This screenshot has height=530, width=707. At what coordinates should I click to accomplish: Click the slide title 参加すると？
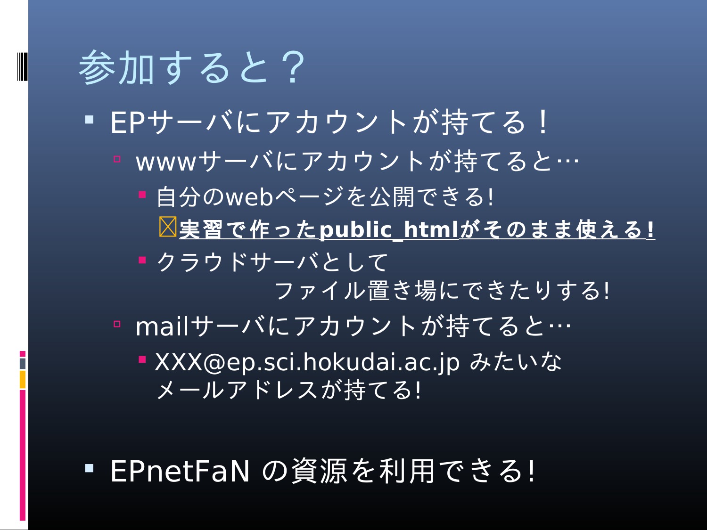click(x=192, y=67)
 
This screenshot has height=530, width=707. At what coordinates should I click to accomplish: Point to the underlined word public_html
click(x=389, y=229)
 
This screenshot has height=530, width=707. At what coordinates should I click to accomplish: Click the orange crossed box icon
click(x=168, y=227)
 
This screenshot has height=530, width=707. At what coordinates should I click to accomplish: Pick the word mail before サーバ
click(x=162, y=326)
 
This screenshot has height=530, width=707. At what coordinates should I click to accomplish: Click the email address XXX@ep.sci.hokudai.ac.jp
click(x=307, y=362)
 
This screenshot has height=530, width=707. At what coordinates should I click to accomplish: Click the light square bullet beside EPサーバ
click(x=89, y=120)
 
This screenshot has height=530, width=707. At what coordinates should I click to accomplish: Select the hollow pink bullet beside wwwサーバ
click(x=117, y=159)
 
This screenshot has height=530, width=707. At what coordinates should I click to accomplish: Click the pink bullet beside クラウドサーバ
click(x=142, y=260)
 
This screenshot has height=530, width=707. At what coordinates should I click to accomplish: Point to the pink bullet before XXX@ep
click(x=142, y=359)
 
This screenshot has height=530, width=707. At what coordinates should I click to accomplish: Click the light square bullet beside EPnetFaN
click(x=89, y=468)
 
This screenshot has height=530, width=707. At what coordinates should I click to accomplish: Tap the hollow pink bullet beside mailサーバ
click(x=117, y=324)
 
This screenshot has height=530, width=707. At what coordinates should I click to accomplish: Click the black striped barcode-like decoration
click(x=22, y=66)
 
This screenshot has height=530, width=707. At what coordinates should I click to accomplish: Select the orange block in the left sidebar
click(x=23, y=379)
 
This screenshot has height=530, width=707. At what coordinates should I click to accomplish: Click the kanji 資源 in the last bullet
click(x=320, y=471)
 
